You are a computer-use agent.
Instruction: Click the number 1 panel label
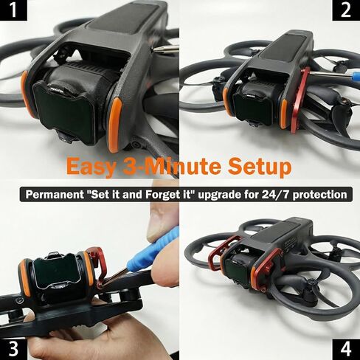click(x=13, y=10)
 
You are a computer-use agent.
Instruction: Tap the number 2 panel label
click(x=346, y=10)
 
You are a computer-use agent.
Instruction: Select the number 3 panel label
click(x=13, y=350)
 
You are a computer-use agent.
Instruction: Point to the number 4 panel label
click(x=346, y=350)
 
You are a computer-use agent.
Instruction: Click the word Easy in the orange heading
click(x=91, y=167)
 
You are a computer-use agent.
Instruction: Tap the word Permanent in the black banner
click(x=55, y=195)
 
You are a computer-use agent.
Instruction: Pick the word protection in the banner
click(x=319, y=195)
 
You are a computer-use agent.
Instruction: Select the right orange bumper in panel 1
click(x=115, y=125)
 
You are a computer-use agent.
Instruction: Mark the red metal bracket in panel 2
click(x=300, y=100)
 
